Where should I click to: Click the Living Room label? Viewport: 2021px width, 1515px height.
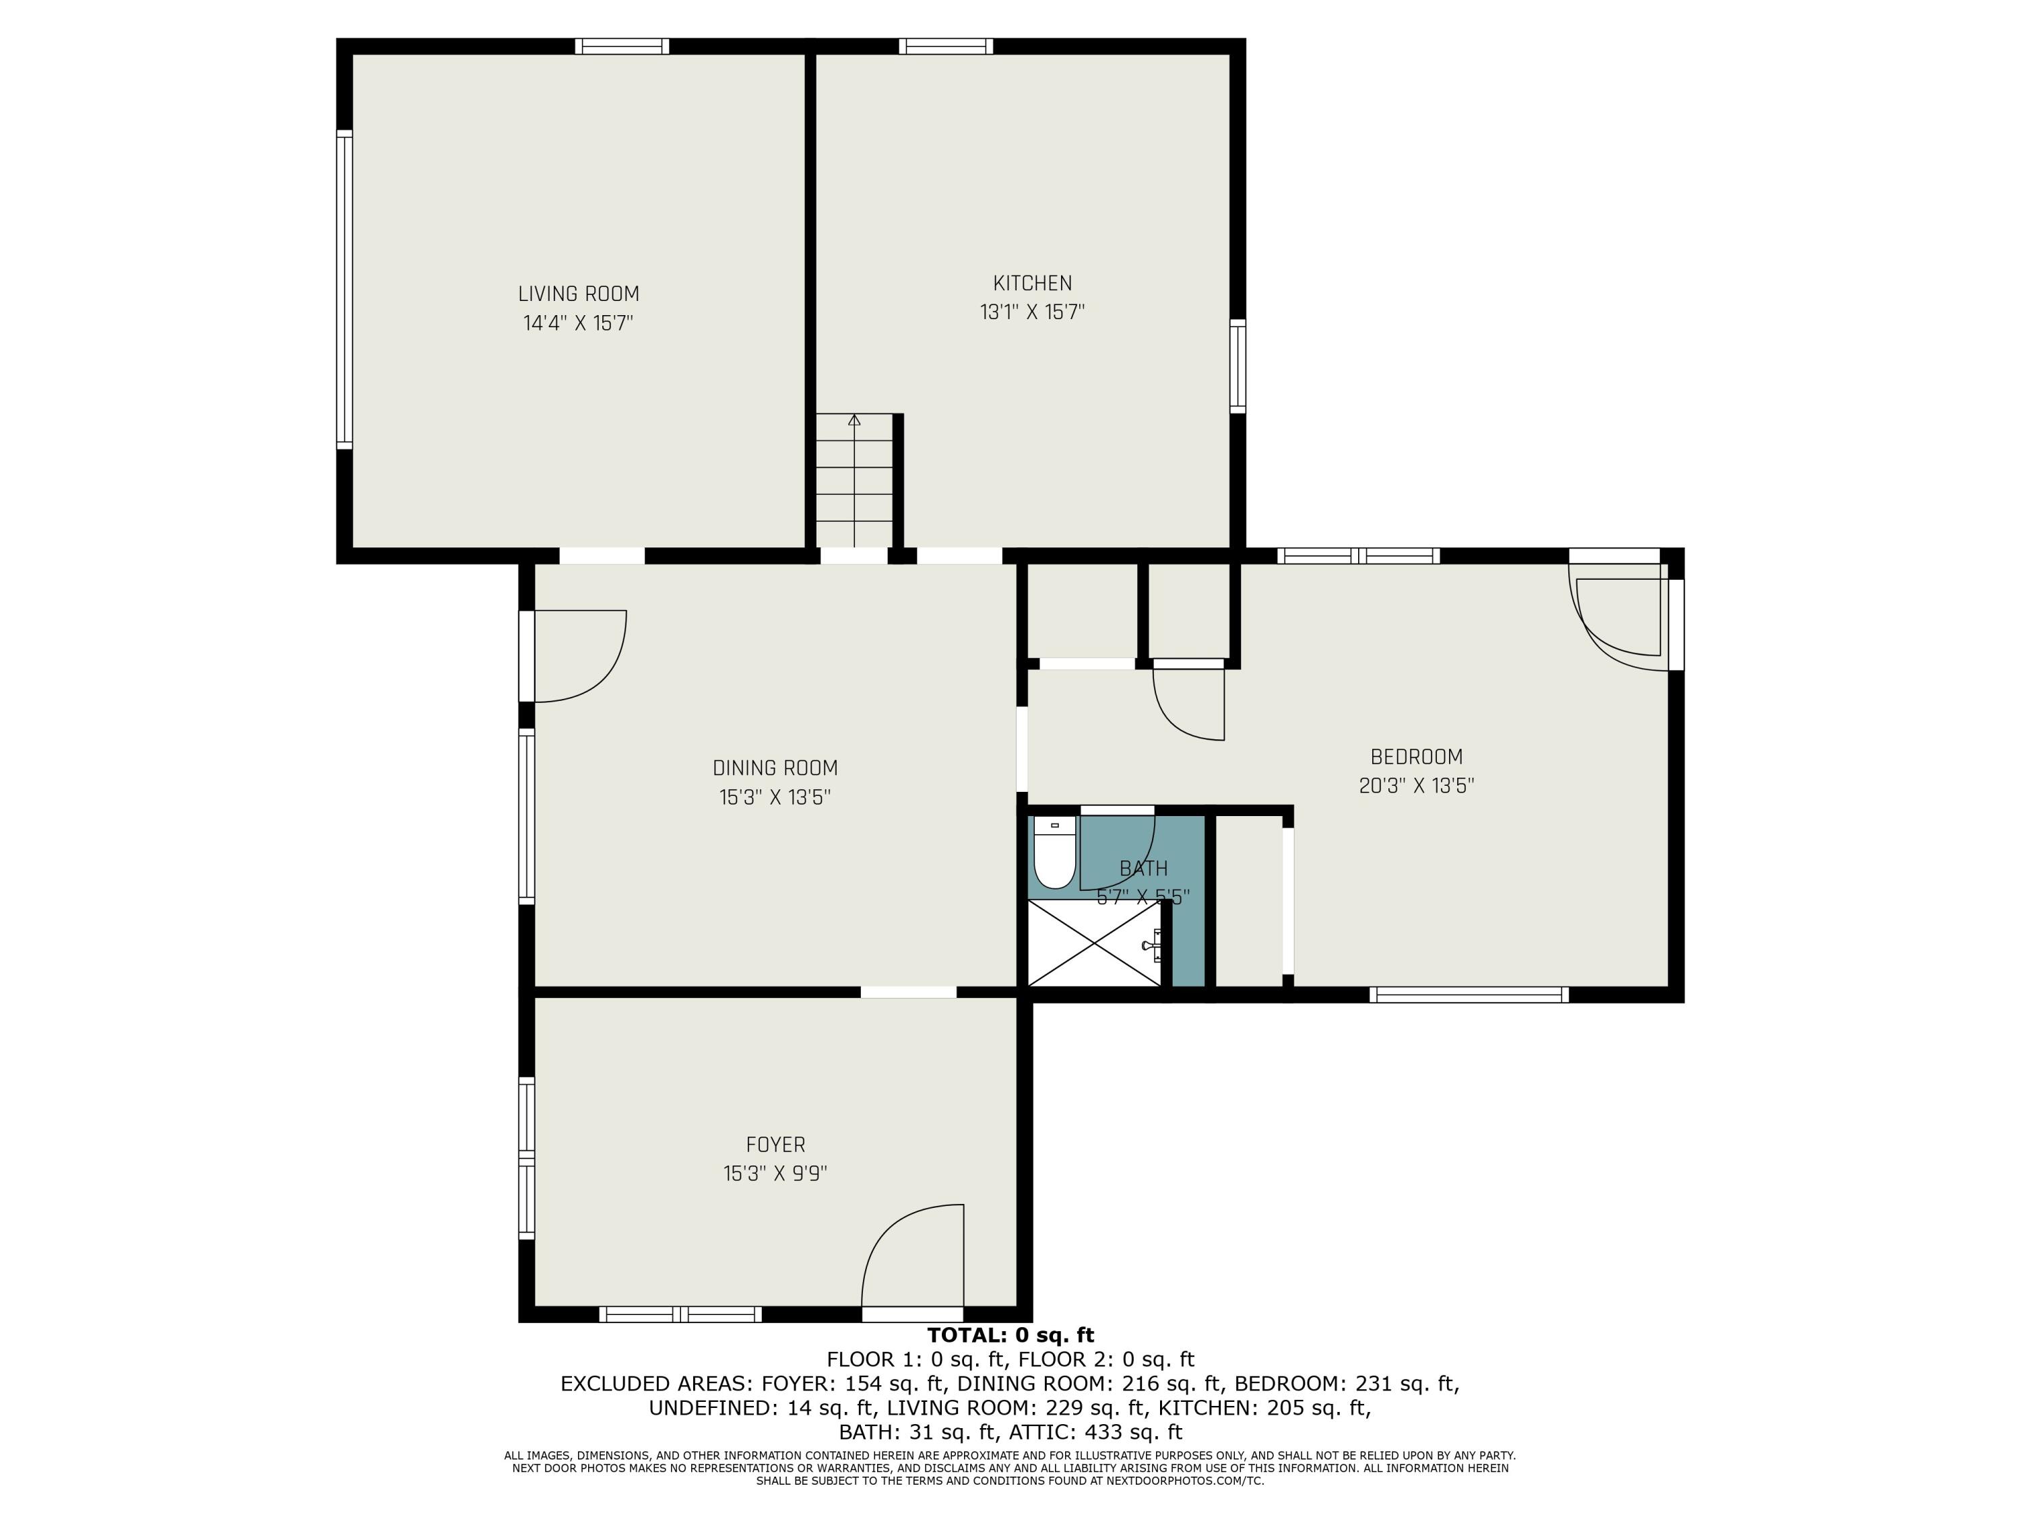click(578, 294)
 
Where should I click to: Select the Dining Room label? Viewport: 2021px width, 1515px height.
click(775, 768)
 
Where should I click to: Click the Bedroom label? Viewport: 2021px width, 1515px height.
click(1416, 757)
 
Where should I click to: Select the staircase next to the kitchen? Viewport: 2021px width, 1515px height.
click(854, 480)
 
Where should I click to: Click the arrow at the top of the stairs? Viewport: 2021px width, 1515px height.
click(854, 420)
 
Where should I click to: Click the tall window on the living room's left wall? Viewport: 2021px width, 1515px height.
click(344, 289)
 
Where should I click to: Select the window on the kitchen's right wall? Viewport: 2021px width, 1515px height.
click(1238, 365)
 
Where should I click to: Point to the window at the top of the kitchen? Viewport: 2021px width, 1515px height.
click(946, 46)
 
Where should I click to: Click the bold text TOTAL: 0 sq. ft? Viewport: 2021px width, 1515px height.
click(1010, 1335)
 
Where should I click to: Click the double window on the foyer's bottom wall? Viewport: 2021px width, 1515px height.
click(680, 1314)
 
